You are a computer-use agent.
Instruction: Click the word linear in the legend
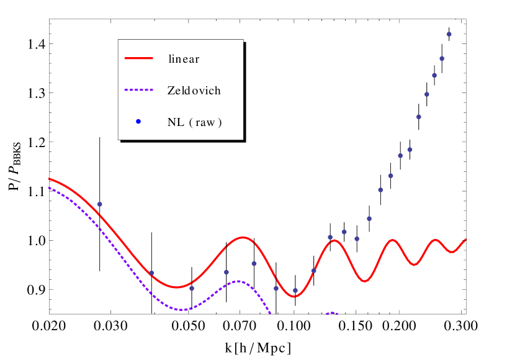point(184,59)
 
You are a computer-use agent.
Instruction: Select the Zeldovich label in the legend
point(194,91)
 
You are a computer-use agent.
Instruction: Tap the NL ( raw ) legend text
point(195,122)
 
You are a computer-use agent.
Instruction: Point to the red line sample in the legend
point(139,58)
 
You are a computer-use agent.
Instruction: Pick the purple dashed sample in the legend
point(139,90)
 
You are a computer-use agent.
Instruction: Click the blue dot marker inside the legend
point(138,122)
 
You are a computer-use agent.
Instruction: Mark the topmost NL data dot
point(449,34)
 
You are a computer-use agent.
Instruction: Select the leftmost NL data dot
point(99,204)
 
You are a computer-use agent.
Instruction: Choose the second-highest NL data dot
point(442,59)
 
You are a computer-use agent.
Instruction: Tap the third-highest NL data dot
point(434,75)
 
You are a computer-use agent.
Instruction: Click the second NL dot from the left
point(151,273)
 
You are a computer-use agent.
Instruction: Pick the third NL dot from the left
point(192,288)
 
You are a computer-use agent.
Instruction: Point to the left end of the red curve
point(49,179)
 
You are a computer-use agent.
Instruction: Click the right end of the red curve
point(465,239)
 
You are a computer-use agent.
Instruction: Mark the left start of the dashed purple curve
point(49,187)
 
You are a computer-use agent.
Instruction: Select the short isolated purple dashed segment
point(332,313)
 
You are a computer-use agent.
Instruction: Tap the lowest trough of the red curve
point(294,296)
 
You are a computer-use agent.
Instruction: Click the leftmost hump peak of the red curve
point(243,238)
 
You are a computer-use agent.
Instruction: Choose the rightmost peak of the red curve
point(436,240)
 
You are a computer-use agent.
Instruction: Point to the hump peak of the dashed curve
point(238,281)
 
